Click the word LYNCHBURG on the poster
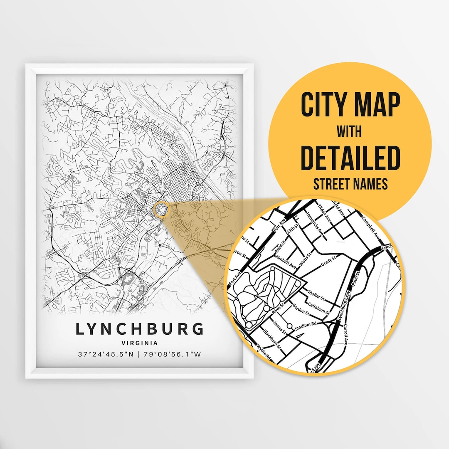pos(140,328)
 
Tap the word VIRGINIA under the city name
pos(140,343)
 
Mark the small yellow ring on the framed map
pos(161,210)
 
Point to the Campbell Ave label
pos(370,227)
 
